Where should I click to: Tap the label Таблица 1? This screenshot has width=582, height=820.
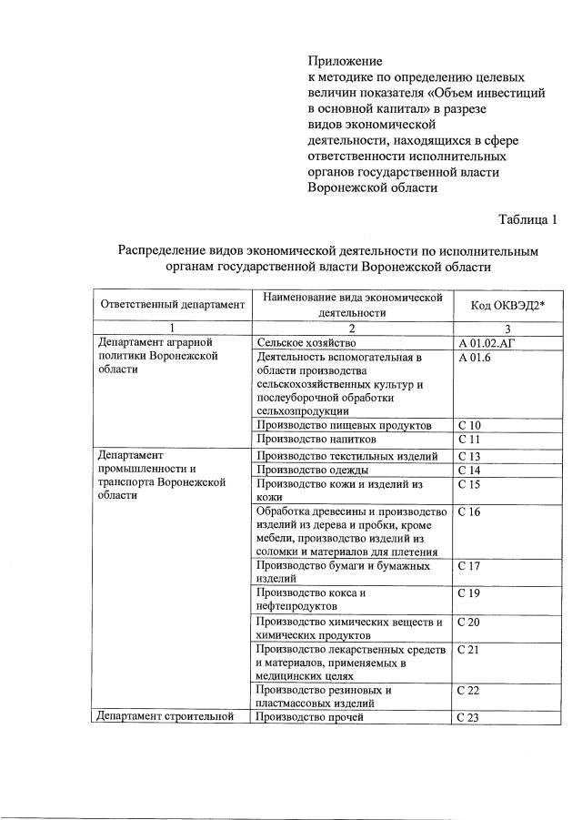click(527, 219)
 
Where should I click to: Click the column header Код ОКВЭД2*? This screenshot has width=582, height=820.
click(507, 305)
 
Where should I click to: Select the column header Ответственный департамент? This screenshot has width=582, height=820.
click(173, 305)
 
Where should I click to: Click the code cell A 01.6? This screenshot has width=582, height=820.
click(474, 358)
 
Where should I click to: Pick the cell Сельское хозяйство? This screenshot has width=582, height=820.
click(306, 343)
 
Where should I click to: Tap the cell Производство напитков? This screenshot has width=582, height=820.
click(315, 440)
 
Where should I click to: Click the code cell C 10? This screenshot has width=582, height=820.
click(469, 425)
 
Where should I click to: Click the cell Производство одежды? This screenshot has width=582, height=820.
click(313, 470)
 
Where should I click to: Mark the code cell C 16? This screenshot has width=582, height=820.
click(469, 511)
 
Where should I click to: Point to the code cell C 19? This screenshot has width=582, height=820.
click(469, 593)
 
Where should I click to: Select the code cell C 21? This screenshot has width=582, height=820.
click(469, 649)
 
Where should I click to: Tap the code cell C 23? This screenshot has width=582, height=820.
click(469, 717)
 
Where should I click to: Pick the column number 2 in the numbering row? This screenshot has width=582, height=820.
click(351, 329)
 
